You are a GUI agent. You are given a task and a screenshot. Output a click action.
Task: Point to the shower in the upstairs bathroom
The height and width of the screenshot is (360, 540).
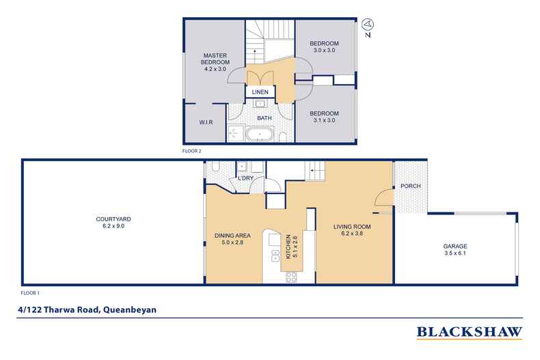pyautogui.click(x=237, y=132)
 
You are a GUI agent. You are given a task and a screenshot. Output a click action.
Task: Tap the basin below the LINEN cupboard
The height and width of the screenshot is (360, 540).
pyautogui.click(x=260, y=105)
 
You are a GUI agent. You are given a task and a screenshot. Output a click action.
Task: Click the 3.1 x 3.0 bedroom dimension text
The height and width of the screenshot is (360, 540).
pyautogui.click(x=324, y=122)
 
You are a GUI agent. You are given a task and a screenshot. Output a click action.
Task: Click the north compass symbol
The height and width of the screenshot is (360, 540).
pyautogui.click(x=368, y=25)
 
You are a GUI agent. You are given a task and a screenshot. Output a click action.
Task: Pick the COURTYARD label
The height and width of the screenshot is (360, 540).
pyautogui.click(x=110, y=219)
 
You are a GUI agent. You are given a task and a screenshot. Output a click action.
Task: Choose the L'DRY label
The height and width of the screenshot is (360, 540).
pyautogui.click(x=245, y=180)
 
